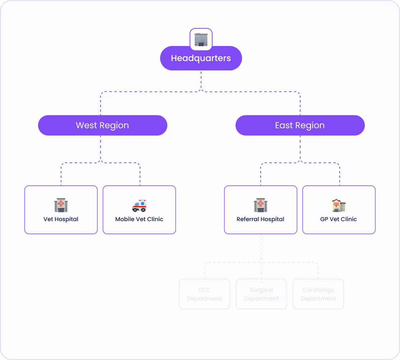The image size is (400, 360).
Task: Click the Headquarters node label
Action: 201,58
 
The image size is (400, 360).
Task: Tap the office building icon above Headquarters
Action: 201,40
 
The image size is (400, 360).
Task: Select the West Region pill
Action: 102,125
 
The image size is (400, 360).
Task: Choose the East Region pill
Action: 300,125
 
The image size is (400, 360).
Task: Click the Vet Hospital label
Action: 61,219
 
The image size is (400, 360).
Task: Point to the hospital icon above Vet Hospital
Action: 61,206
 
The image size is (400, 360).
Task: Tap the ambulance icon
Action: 139,206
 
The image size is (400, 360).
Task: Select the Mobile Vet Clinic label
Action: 139,219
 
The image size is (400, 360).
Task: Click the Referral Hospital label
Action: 260,219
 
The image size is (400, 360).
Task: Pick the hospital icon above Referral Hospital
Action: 261,206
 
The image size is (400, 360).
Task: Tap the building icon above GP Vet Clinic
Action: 339,206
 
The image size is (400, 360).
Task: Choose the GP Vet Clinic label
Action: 339,219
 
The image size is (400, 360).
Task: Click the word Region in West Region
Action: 114,125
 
